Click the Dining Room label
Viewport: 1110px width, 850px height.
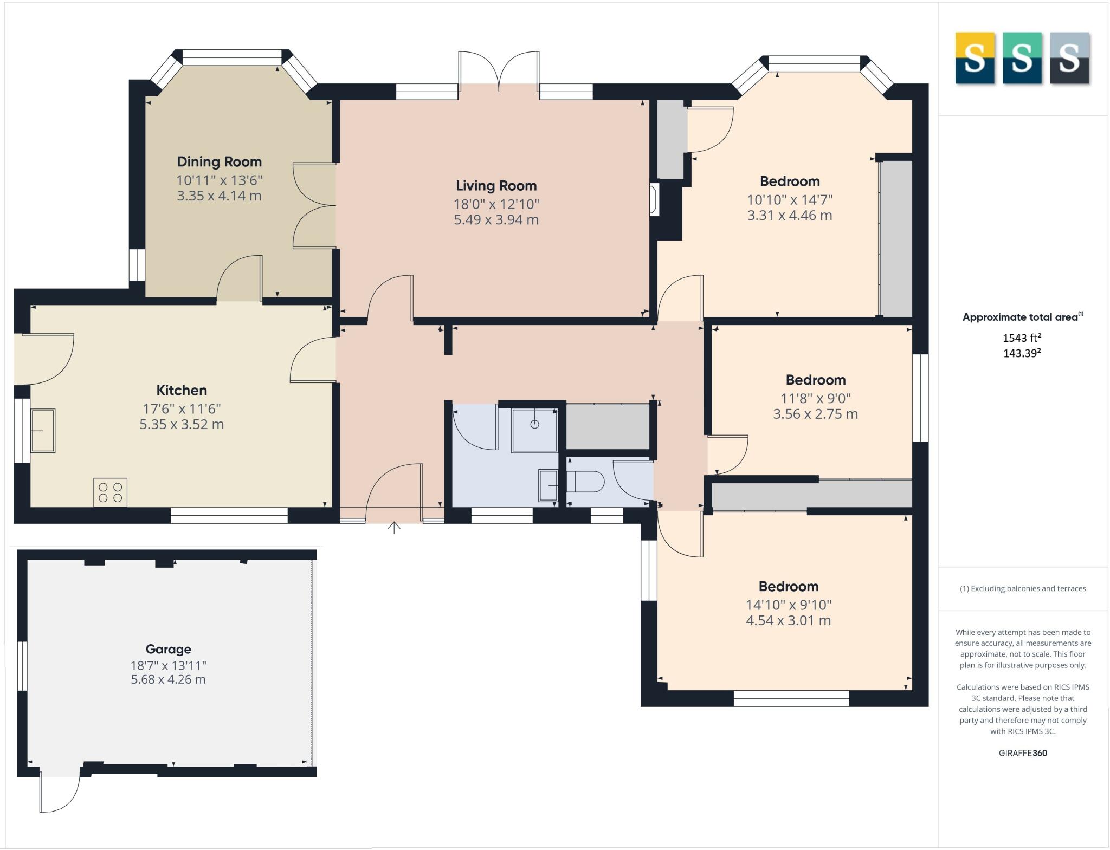pos(219,161)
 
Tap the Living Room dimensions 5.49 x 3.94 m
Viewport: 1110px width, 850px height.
pos(496,220)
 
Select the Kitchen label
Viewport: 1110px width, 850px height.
pos(182,390)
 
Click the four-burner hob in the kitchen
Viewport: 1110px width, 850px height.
pos(110,492)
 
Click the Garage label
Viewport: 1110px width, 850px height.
pos(168,649)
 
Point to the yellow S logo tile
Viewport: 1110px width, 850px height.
pos(975,58)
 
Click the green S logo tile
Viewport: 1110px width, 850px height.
pos(1022,58)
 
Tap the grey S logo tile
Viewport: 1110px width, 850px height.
pos(1069,58)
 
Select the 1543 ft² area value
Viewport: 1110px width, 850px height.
pos(1022,338)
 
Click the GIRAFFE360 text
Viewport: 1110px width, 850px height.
pos(1023,753)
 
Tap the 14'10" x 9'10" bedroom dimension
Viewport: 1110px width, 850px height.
pos(788,605)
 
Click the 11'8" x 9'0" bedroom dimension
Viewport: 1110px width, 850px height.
pos(815,398)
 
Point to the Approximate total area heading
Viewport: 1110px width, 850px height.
pos(1022,317)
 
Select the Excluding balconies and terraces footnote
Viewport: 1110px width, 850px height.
pos(1023,588)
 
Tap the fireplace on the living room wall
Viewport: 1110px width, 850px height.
pos(654,199)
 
